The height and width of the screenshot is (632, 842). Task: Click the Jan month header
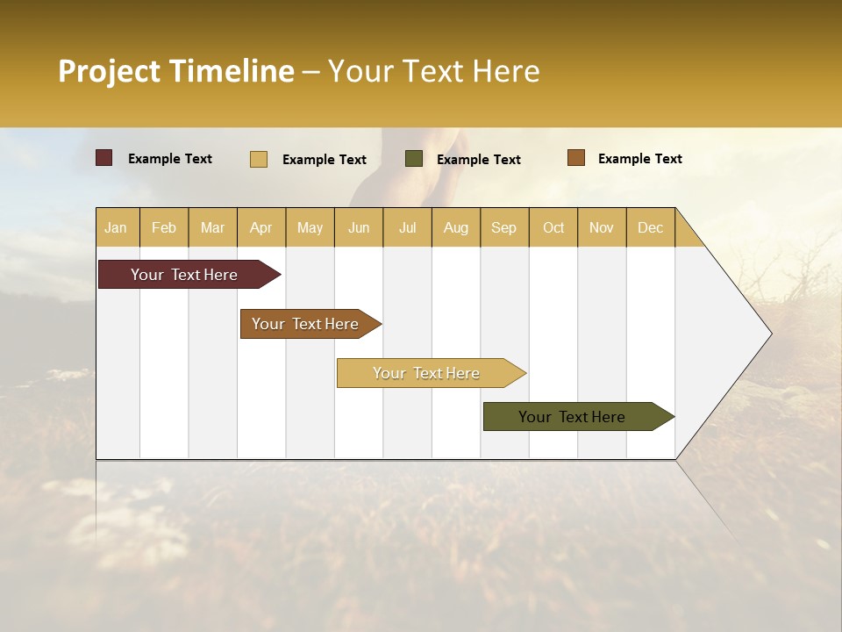(116, 227)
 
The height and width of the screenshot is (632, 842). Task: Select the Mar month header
(212, 227)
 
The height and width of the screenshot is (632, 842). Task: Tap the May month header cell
(310, 227)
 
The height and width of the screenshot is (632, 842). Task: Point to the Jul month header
(407, 227)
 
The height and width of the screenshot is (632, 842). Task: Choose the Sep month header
(503, 227)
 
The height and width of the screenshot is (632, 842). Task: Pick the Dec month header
(650, 227)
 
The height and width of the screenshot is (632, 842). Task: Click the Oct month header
(553, 227)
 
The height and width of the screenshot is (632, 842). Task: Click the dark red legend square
(103, 158)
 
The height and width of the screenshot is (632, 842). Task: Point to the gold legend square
(258, 159)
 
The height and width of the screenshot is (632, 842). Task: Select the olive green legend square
(413, 159)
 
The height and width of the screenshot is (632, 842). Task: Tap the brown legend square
(575, 158)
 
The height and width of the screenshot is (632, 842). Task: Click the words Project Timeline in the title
(176, 71)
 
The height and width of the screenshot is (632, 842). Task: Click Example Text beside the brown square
(639, 159)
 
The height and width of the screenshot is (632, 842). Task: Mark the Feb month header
(164, 227)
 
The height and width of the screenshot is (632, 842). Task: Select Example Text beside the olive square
(478, 160)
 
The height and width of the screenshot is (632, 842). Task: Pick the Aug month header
(455, 227)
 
